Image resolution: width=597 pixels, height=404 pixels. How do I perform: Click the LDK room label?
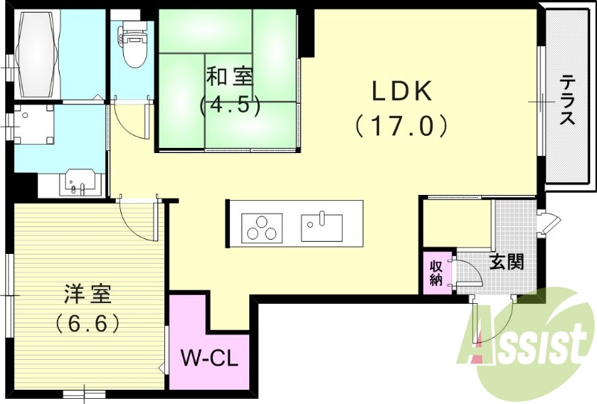pos(402,91)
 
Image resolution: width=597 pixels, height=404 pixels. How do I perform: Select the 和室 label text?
pos(229,77)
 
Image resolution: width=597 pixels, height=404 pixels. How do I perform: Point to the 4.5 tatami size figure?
pos(229,105)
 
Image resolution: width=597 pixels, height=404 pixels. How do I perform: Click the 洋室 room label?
pos(87,294)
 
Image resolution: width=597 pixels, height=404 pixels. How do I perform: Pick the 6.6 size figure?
pos(87,323)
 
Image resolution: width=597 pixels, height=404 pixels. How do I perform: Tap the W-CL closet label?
pos(210,358)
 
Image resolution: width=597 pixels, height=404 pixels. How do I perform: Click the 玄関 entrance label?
pos(507,261)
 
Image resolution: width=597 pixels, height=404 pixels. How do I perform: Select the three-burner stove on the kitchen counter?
pos(263,227)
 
